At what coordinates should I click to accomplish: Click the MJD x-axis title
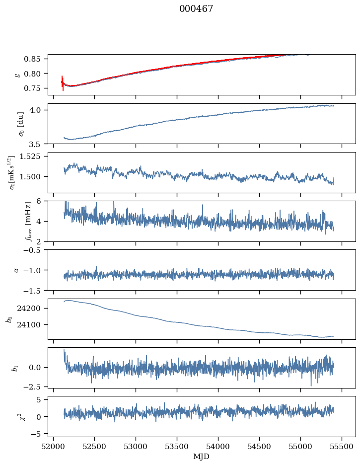(x=202, y=456)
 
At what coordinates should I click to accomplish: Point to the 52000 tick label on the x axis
(x=54, y=446)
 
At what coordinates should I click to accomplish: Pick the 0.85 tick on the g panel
(x=37, y=59)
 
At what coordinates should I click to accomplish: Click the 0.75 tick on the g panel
(x=37, y=88)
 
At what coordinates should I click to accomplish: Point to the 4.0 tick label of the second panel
(x=40, y=110)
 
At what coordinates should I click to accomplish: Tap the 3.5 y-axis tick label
(x=40, y=145)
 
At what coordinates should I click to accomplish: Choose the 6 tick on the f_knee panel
(x=44, y=201)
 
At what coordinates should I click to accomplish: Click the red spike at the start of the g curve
(x=63, y=82)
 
